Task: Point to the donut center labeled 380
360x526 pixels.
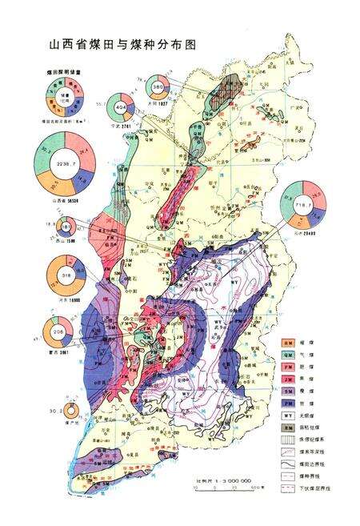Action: pos(158,86)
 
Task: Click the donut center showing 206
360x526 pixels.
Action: pos(58,333)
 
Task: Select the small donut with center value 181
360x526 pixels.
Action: pos(47,227)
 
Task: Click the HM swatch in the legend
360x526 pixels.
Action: pos(286,341)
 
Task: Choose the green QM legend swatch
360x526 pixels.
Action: pos(286,355)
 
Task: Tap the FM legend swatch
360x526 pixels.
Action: pos(286,368)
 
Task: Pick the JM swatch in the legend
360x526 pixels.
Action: pos(286,382)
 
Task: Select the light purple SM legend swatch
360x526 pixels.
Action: pos(286,396)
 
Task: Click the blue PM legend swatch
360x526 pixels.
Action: pos(286,409)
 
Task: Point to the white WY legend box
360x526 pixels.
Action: pos(286,423)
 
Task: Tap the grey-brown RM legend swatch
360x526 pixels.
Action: pos(286,436)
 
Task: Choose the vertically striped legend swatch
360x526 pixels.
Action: pos(286,449)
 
